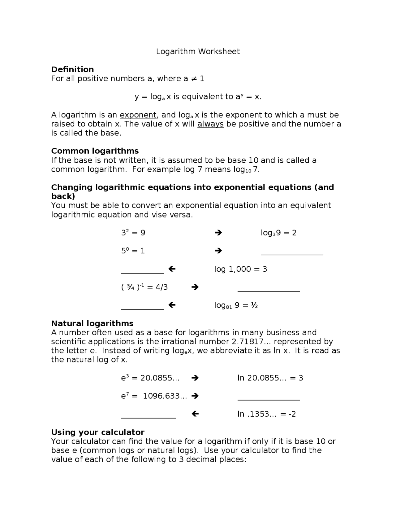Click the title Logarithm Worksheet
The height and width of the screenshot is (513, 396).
click(x=198, y=51)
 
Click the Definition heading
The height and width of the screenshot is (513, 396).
click(x=72, y=69)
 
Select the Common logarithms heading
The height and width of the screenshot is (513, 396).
click(x=95, y=151)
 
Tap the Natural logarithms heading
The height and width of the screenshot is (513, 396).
click(x=92, y=323)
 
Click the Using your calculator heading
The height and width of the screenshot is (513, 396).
click(x=98, y=432)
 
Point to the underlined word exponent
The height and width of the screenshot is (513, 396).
click(x=138, y=115)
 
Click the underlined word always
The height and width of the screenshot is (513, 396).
click(x=210, y=124)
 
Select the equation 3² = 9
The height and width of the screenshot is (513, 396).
click(x=133, y=233)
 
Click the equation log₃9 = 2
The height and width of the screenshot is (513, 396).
click(x=278, y=233)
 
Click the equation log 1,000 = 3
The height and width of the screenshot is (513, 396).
click(x=240, y=269)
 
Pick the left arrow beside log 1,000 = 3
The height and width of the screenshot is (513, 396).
click(x=172, y=269)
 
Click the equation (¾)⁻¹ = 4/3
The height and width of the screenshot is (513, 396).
click(x=144, y=287)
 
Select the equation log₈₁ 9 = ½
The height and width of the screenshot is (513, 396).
click(x=236, y=305)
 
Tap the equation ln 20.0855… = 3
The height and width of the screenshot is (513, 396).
click(x=270, y=378)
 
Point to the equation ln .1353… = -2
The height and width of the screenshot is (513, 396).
click(x=266, y=414)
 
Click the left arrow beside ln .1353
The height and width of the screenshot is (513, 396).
click(x=195, y=414)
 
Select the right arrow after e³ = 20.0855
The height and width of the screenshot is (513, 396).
click(x=195, y=378)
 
